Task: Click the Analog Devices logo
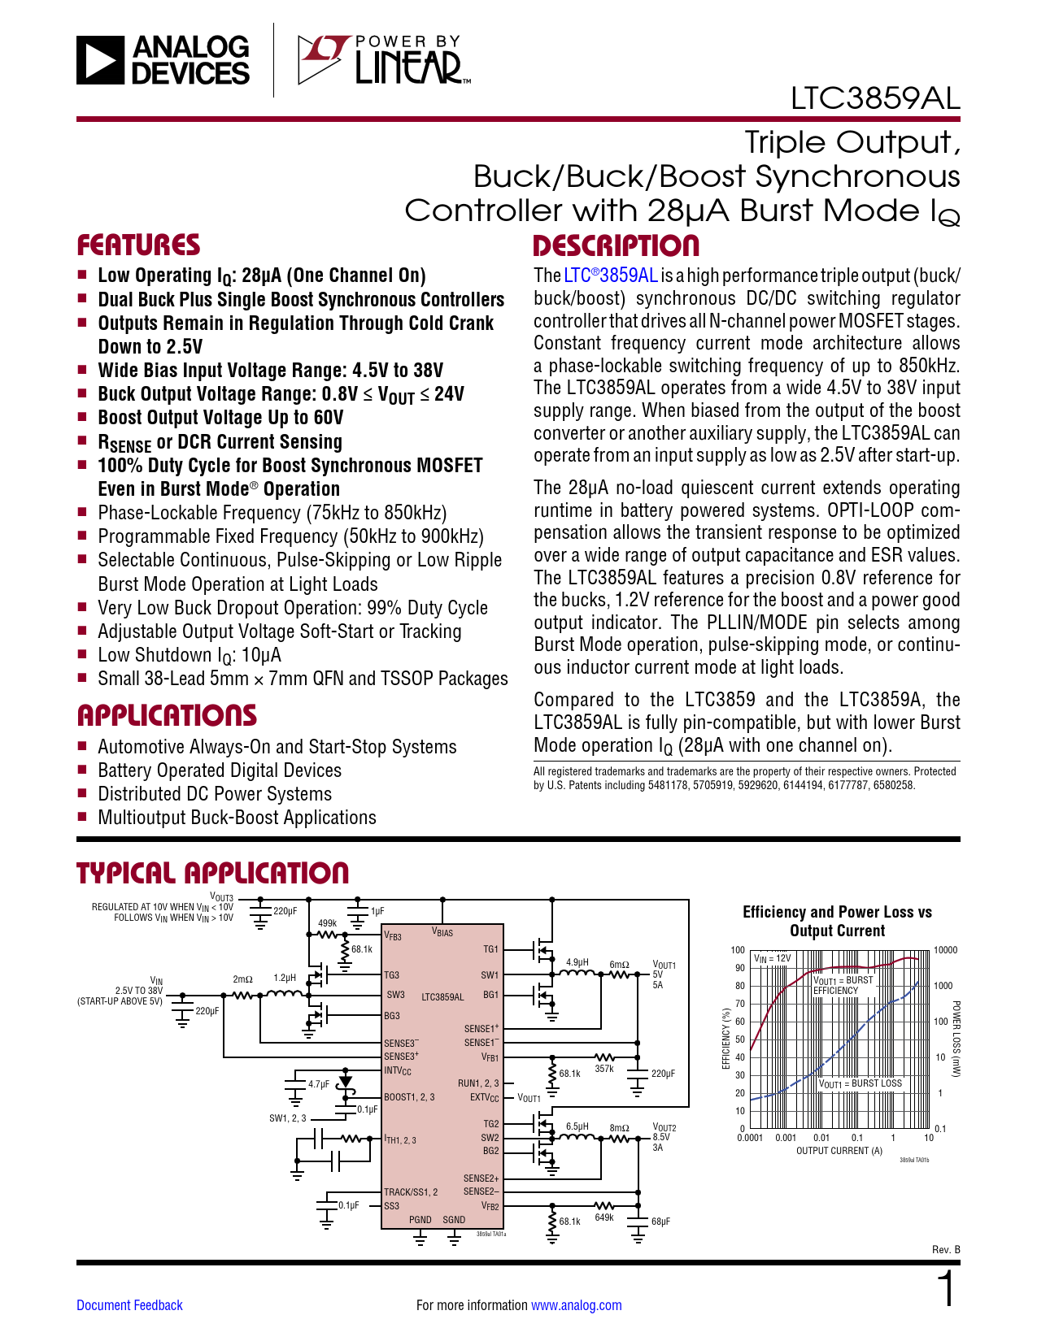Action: click(x=163, y=60)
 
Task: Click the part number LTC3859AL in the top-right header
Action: click(x=875, y=98)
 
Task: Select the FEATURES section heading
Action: click(x=138, y=245)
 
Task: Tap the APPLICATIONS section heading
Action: click(x=167, y=716)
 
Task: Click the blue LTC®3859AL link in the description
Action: click(x=611, y=276)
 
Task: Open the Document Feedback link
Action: click(x=129, y=1305)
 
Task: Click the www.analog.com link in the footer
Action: click(x=576, y=1305)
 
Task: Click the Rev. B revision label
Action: click(x=946, y=1249)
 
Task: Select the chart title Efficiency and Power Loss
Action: click(x=837, y=922)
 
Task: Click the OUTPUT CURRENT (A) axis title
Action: click(x=839, y=1151)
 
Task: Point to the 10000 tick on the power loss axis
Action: click(x=945, y=950)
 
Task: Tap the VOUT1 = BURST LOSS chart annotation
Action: click(x=860, y=1083)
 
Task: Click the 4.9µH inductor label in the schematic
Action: click(x=577, y=962)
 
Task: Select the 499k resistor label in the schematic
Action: click(x=327, y=923)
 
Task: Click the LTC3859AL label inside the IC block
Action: click(x=442, y=996)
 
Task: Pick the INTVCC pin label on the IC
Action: click(x=398, y=1071)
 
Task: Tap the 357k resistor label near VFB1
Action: click(x=603, y=1069)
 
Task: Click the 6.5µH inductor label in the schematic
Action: click(x=577, y=1126)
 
